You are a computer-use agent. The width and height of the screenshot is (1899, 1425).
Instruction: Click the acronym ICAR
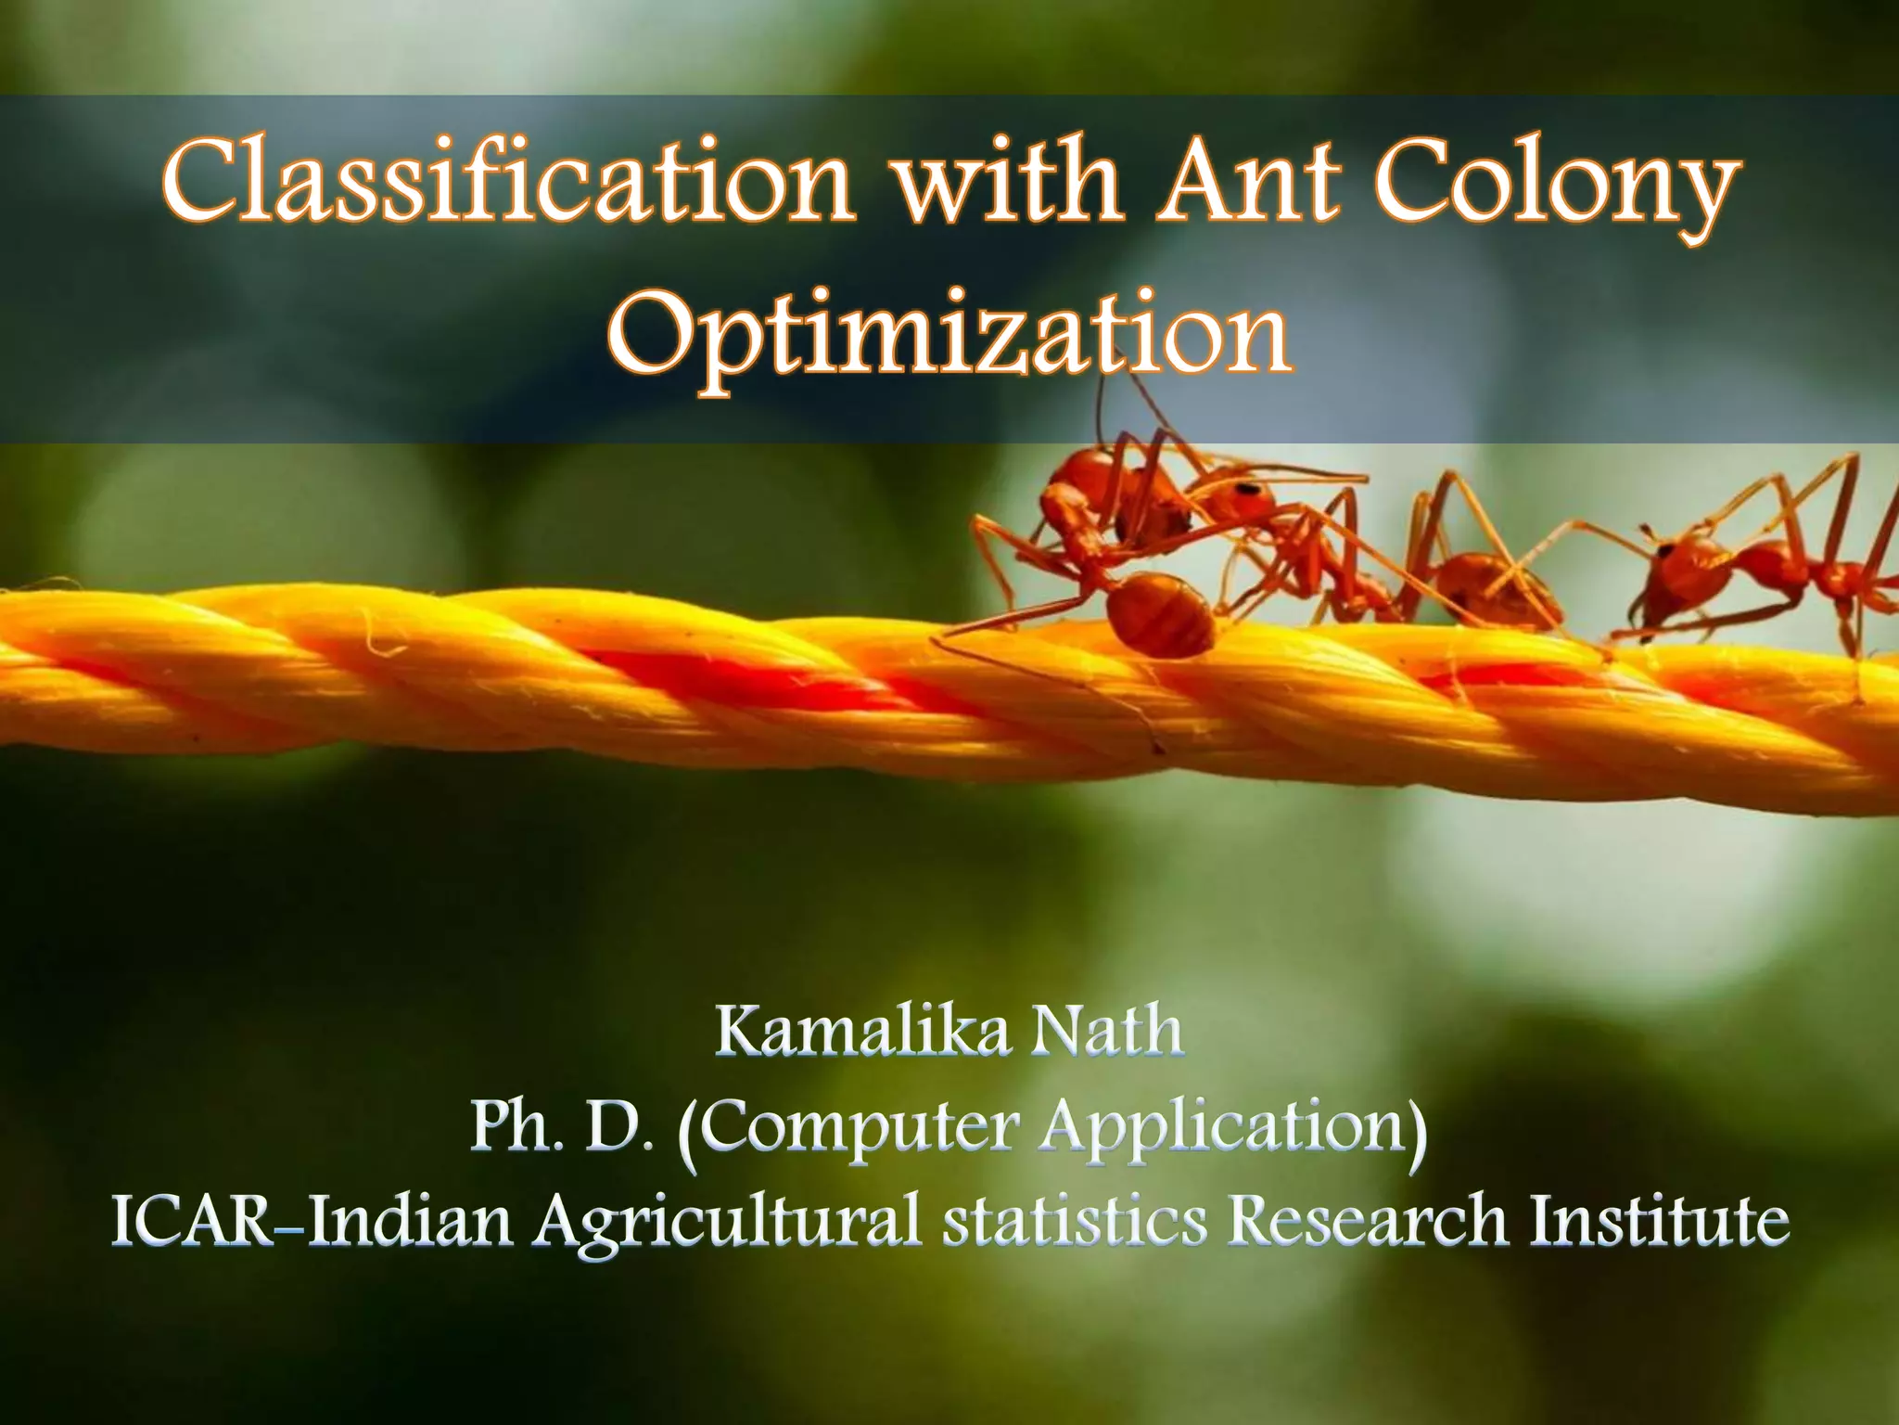pos(194,1221)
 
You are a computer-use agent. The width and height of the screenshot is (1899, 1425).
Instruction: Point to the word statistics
pos(1075,1221)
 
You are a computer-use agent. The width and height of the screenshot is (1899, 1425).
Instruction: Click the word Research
pos(1369,1221)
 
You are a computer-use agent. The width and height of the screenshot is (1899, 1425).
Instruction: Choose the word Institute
pos(1660,1221)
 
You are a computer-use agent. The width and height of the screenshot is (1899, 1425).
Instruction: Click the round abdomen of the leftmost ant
pos(1159,613)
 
